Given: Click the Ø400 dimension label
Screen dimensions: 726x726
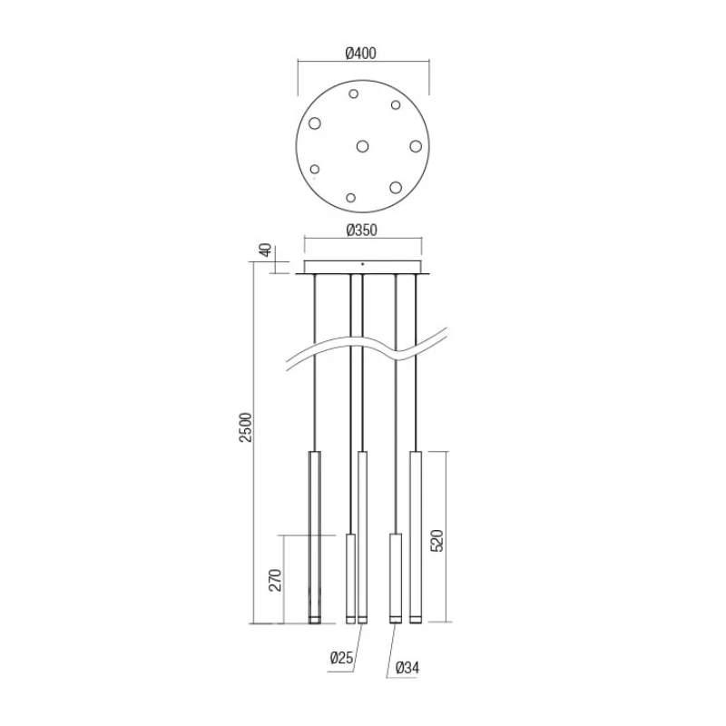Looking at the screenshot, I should [x=361, y=54].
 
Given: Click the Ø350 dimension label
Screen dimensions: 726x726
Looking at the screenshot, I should [x=361, y=231].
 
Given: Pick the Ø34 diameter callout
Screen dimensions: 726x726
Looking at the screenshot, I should [x=406, y=669].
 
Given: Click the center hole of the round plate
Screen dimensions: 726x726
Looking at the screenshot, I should [x=363, y=145].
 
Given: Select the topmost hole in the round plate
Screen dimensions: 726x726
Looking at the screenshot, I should [x=354, y=93].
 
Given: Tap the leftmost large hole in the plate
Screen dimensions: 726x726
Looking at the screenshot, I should [x=315, y=123].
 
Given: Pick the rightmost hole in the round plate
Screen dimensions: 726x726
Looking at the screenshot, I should [x=416, y=145].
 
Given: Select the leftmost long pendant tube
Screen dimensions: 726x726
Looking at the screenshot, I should [x=315, y=535].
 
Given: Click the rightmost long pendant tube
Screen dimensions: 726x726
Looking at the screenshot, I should [x=416, y=535].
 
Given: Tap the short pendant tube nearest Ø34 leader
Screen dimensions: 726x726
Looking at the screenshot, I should [x=395, y=577].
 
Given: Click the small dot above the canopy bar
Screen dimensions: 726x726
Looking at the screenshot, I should [x=363, y=262].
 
